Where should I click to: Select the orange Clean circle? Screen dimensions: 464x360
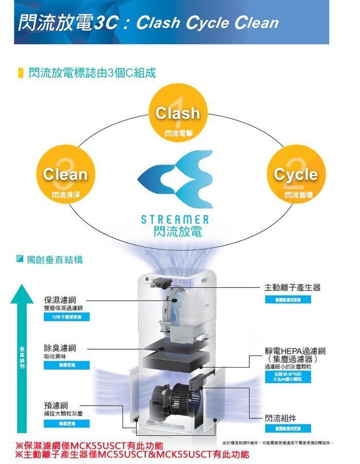point(65,174)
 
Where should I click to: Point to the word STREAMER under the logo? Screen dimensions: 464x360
point(175,220)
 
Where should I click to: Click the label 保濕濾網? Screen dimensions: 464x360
point(60,300)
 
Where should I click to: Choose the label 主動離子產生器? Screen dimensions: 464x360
point(292,287)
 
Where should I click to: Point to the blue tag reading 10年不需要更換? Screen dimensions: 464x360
point(67,317)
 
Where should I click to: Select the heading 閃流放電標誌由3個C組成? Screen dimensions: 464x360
point(92,73)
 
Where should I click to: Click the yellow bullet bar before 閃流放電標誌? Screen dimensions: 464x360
point(21,73)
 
